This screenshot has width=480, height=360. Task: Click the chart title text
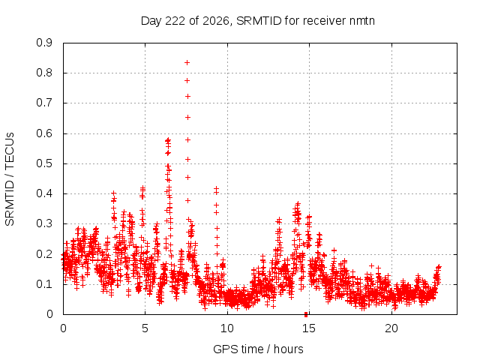258,21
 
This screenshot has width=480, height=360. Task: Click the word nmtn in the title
361,21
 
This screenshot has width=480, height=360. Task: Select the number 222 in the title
175,21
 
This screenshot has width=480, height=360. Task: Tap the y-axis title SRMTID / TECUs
10,179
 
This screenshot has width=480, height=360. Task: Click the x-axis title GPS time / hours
258,349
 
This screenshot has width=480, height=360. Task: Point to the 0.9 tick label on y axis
44,43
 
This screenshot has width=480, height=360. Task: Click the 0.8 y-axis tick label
44,73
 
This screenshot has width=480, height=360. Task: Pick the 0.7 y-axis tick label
44,103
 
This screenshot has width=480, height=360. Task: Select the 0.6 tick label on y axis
44,133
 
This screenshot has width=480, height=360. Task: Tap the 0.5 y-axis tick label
44,163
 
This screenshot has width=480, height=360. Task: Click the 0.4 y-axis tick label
44,193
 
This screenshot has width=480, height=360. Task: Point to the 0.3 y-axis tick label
44,223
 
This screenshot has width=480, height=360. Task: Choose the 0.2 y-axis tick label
44,253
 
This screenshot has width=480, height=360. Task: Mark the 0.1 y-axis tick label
44,284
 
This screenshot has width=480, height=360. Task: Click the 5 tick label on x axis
145,328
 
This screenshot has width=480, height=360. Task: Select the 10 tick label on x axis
227,328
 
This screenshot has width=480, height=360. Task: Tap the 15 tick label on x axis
309,328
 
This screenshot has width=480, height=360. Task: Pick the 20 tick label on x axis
391,328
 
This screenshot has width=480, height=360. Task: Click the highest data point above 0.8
187,63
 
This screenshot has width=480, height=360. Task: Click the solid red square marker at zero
306,314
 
